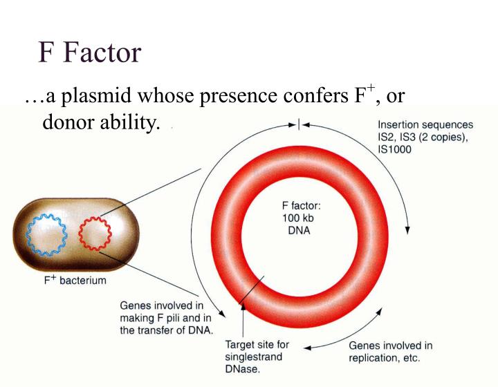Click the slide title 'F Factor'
click(x=90, y=53)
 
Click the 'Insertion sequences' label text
click(x=425, y=125)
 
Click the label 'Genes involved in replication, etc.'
click(x=390, y=352)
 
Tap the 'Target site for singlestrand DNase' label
click(x=257, y=357)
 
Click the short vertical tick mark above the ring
click(x=298, y=125)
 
